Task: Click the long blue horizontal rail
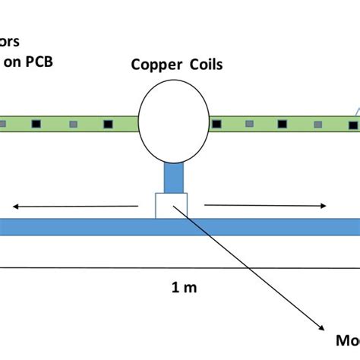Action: pos(76,227)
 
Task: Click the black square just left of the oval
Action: pos(109,123)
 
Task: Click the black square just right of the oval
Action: pos(214,123)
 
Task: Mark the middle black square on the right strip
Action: pos(282,123)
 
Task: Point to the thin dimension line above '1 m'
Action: pos(180,267)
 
